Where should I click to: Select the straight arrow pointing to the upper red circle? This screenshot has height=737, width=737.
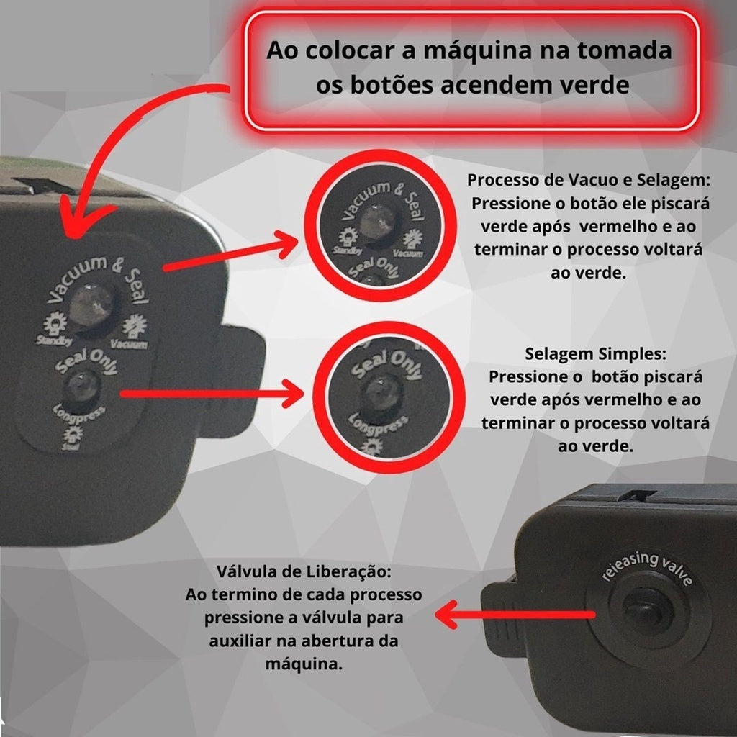click(230, 256)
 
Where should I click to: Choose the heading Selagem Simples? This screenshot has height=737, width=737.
click(596, 355)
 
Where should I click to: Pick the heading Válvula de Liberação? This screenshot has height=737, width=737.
click(303, 574)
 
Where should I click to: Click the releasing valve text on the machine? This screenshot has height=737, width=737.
click(645, 569)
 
